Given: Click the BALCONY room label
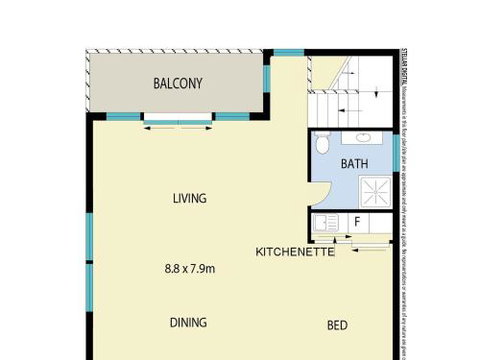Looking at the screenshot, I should point(178,84).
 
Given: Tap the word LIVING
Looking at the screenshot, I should point(188,198).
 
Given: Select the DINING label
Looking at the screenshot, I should point(188,322).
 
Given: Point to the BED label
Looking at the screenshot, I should point(338,325).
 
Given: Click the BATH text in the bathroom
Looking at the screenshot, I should point(354,163).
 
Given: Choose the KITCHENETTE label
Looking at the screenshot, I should point(294,251).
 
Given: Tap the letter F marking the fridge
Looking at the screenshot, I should point(357,222).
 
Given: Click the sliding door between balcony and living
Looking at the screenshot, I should point(178,120).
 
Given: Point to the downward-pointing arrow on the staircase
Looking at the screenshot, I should point(377,89).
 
